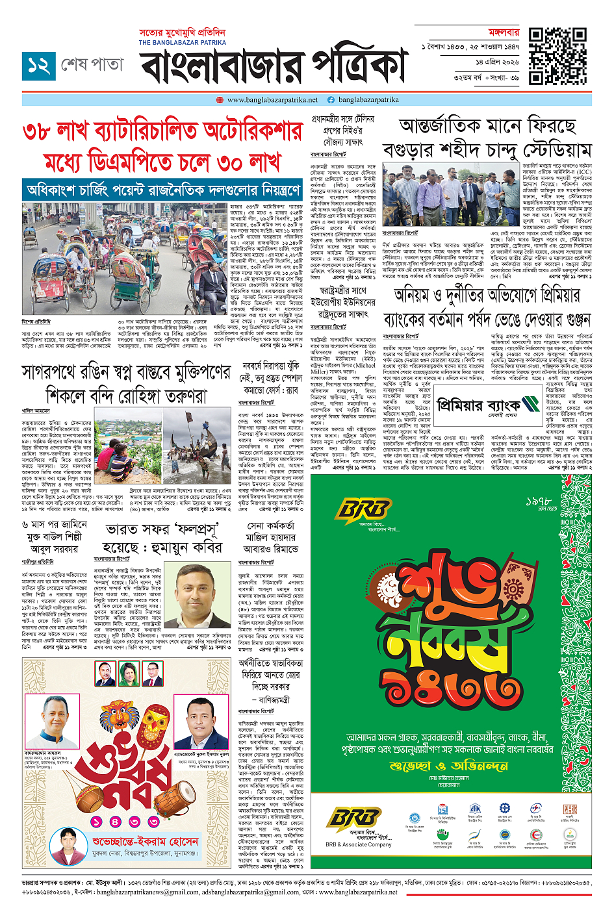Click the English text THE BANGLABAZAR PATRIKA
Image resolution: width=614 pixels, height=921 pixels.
pos(182,42)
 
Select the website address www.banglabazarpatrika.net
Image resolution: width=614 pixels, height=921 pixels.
pos(272,100)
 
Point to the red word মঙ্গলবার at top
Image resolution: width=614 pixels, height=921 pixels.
pos(504,32)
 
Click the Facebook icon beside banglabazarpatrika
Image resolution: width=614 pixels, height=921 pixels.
pos(331,100)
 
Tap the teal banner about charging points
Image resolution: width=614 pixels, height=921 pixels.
pos(162,191)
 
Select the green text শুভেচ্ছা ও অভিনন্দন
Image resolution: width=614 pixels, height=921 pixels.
pos(449,766)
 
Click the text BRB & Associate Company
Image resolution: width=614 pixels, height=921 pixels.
pos(358,845)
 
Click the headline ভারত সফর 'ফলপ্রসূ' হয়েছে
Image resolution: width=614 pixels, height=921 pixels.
pos(164,538)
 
